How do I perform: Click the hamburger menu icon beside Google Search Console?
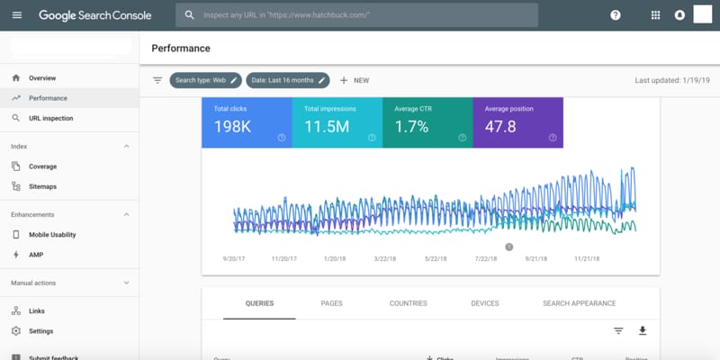click(17, 15)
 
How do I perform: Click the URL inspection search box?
click(360, 15)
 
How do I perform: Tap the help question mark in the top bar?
click(616, 15)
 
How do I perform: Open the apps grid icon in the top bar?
click(655, 15)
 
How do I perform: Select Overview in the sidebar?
click(41, 78)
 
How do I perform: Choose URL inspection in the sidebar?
click(50, 118)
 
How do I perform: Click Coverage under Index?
click(42, 166)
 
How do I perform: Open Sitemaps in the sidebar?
click(42, 186)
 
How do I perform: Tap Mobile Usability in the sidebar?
click(51, 235)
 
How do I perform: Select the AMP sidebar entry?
click(36, 255)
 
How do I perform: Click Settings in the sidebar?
click(40, 331)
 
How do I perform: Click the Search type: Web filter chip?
click(206, 80)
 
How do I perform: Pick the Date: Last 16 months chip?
click(287, 80)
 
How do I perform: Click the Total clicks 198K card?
click(247, 122)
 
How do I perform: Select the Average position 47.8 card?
click(517, 122)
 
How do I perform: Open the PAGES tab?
click(331, 303)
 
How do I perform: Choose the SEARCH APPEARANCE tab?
click(579, 303)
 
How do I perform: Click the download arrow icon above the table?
click(643, 330)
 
